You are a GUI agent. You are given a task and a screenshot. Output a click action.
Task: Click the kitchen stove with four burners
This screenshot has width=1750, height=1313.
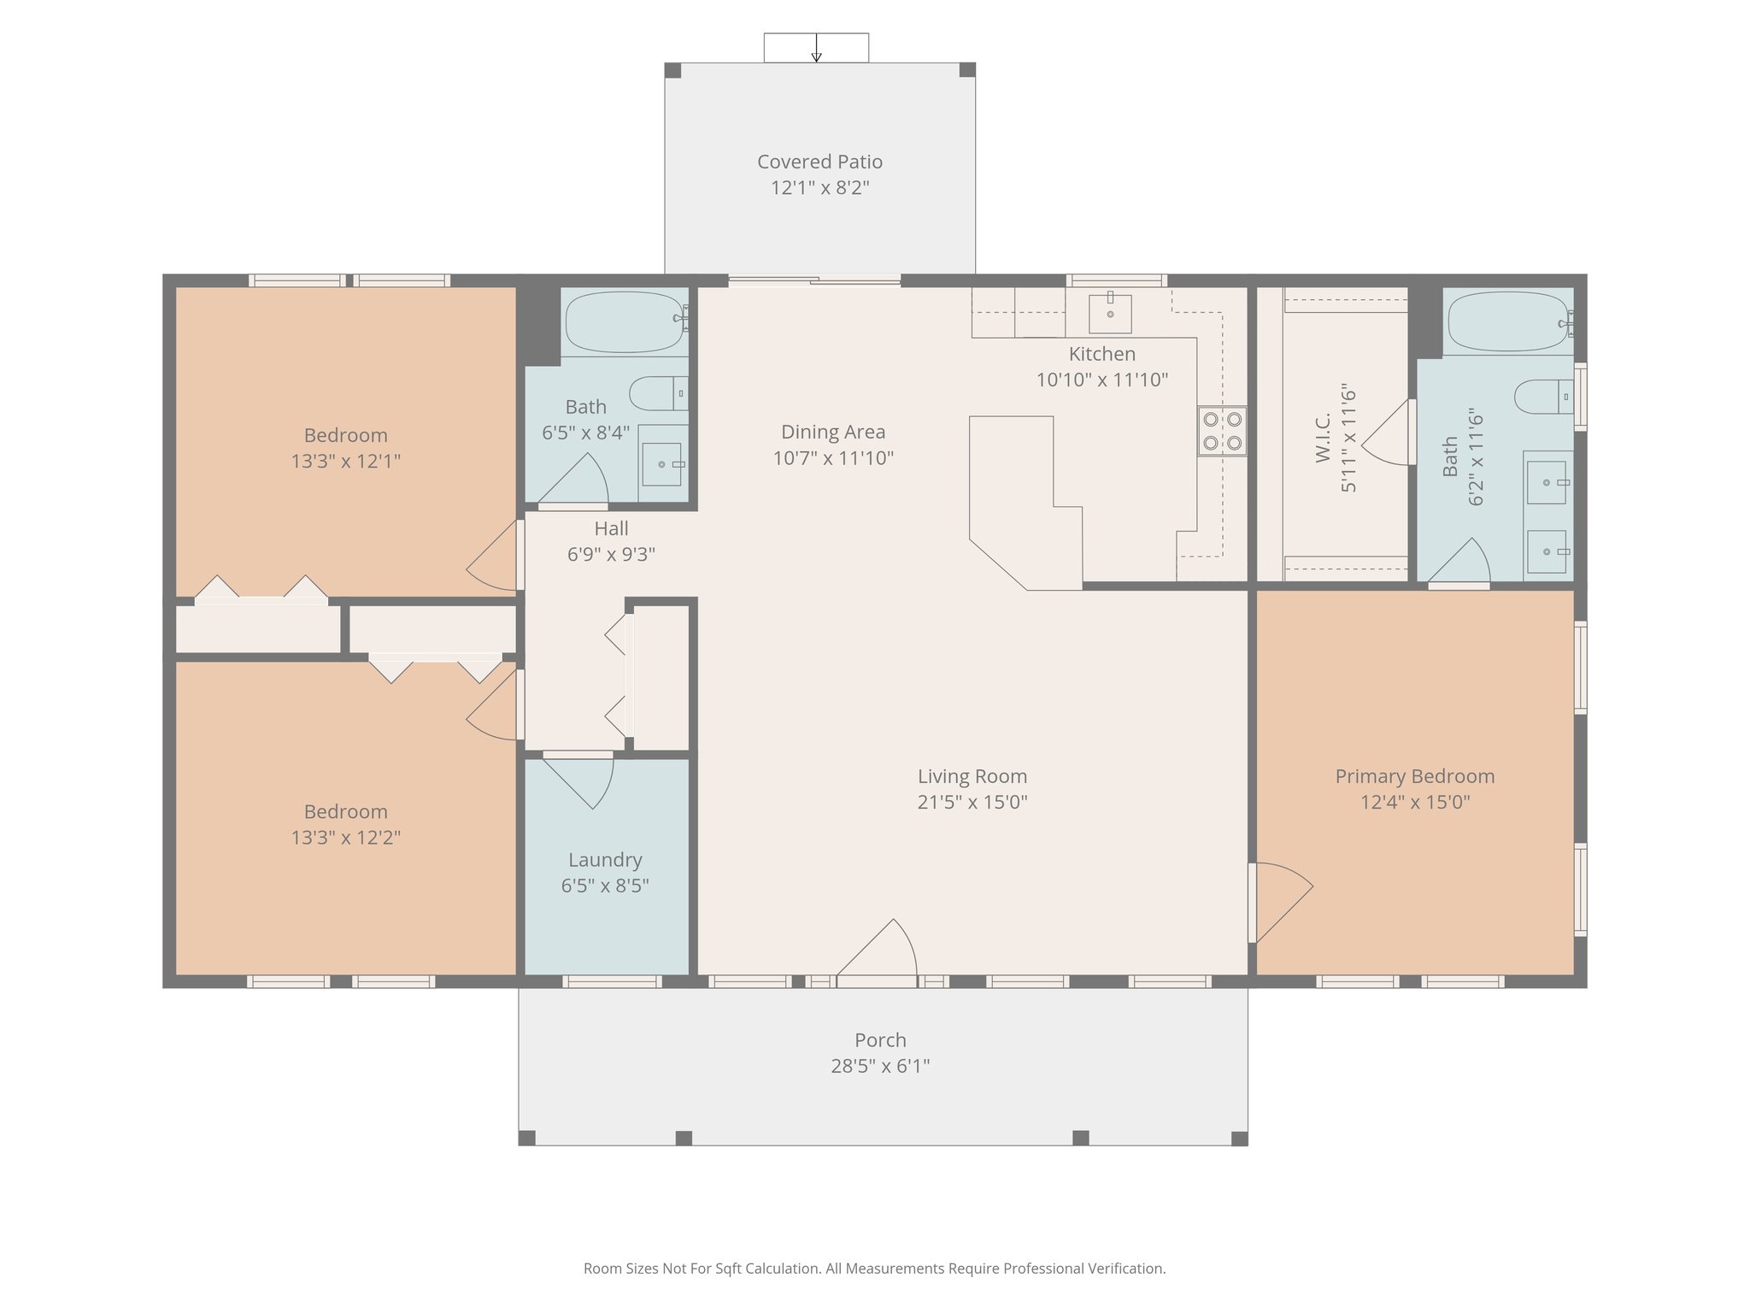(1222, 431)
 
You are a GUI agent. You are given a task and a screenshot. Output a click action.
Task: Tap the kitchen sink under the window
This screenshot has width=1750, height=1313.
(1110, 314)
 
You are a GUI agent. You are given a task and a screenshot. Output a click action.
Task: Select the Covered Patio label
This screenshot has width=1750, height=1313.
(819, 162)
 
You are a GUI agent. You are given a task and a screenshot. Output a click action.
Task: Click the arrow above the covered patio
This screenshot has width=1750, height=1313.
(816, 48)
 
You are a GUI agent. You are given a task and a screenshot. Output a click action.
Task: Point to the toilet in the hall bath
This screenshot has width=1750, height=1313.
(658, 393)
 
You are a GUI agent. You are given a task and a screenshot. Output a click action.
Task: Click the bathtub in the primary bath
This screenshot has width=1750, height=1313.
(1508, 321)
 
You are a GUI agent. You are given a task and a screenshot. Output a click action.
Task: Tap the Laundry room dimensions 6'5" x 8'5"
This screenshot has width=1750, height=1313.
(605, 886)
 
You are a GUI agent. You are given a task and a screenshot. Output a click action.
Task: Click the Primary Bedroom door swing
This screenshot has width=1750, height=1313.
(1282, 902)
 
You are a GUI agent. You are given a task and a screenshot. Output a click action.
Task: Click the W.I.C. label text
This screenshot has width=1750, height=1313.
(1324, 438)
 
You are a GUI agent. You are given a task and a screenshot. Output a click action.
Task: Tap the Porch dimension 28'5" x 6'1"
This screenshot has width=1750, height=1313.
(880, 1066)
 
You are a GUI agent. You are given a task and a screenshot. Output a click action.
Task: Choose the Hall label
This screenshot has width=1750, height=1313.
(611, 528)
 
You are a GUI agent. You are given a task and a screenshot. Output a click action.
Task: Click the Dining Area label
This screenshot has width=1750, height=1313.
(833, 432)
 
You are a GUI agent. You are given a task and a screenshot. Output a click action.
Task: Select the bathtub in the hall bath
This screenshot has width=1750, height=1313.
(626, 322)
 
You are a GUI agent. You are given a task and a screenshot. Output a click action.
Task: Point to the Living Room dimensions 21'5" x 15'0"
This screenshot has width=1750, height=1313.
(972, 802)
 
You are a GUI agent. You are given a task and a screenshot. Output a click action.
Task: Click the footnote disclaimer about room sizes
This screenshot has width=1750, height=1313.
(874, 1269)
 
